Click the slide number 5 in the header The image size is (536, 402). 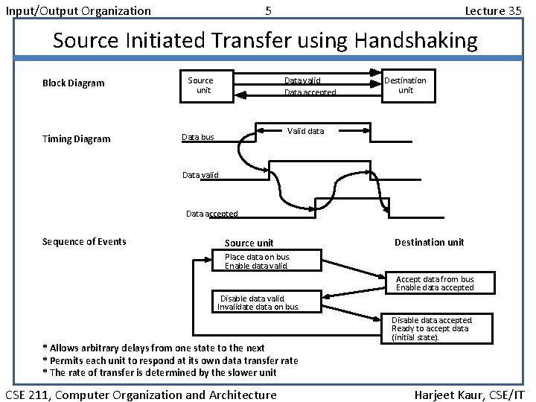click(x=268, y=11)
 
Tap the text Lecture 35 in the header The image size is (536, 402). click(x=493, y=11)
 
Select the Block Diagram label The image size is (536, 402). click(x=74, y=83)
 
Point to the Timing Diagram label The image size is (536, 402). click(x=76, y=139)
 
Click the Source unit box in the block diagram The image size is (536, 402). click(x=200, y=85)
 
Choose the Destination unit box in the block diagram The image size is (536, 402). click(x=405, y=85)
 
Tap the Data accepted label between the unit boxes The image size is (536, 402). click(x=310, y=93)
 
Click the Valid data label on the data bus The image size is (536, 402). click(x=305, y=131)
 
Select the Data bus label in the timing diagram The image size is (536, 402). click(x=198, y=137)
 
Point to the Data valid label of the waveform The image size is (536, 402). click(x=200, y=176)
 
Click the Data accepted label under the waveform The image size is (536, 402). click(x=211, y=214)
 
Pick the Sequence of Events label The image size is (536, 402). click(x=84, y=241)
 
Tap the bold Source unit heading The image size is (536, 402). click(x=249, y=243)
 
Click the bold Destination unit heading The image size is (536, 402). click(x=429, y=242)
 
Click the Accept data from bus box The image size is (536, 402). click(x=435, y=283)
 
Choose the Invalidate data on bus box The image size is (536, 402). click(x=258, y=302)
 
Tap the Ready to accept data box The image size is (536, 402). click(x=441, y=328)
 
